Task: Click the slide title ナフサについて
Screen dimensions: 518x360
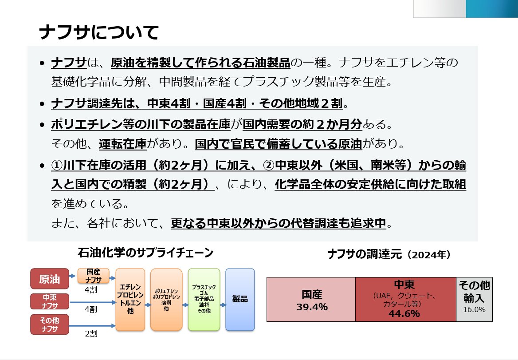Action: coord(98,32)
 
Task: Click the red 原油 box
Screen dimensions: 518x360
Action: coord(49,279)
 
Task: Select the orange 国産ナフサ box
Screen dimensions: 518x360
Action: coord(93,275)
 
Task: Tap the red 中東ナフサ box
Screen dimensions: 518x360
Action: coord(49,301)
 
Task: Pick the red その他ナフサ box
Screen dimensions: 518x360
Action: coord(49,324)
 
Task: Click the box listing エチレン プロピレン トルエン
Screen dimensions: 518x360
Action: coord(130,300)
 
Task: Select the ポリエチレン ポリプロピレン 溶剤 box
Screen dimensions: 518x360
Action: coord(166,300)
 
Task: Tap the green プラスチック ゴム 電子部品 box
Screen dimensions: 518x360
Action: coord(204,300)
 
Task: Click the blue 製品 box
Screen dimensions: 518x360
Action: coord(240,300)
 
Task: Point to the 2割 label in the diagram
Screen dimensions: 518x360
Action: coord(91,333)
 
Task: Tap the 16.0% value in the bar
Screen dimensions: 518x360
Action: coord(474,309)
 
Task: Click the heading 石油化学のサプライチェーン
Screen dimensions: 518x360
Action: coord(145,253)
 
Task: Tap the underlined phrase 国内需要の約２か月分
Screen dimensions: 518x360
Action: coord(302,124)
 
